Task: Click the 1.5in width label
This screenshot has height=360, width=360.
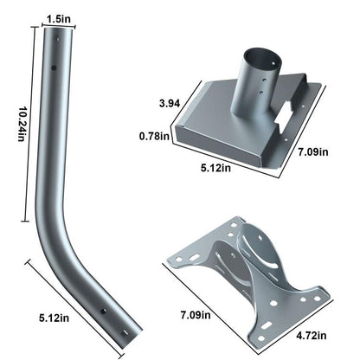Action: coord(59,16)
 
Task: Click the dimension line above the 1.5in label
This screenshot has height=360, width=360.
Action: coord(59,25)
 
